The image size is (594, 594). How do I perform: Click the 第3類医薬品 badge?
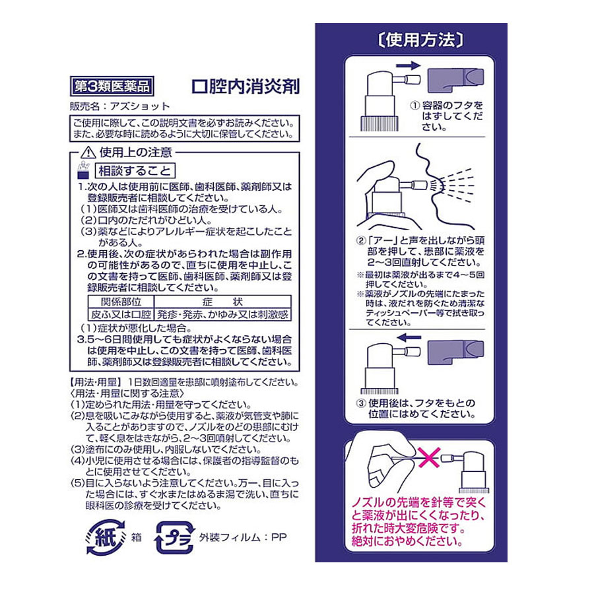pyautogui.click(x=112, y=86)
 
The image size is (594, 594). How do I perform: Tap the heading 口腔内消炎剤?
pyautogui.click(x=246, y=86)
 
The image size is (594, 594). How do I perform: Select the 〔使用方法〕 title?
pyautogui.click(x=420, y=40)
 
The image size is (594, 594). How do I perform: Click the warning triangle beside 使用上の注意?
pyautogui.click(x=88, y=152)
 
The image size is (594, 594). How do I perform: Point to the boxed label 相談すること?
pyautogui.click(x=135, y=170)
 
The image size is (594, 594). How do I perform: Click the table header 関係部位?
pyautogui.click(x=121, y=302)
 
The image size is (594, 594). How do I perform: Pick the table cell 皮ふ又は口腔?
pyautogui.click(x=121, y=314)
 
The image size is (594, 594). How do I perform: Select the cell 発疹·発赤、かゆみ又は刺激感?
pyautogui.click(x=223, y=314)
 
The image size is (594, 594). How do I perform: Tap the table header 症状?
pyautogui.click(x=223, y=302)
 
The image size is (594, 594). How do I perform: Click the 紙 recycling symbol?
pyautogui.click(x=106, y=537)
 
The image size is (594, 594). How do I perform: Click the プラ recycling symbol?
pyautogui.click(x=174, y=537)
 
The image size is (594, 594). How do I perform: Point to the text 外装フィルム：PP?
pyautogui.click(x=242, y=537)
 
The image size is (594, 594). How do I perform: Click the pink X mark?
pyautogui.click(x=428, y=457)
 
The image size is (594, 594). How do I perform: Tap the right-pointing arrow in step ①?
pyautogui.click(x=408, y=66)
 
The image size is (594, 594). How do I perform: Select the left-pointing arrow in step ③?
pyautogui.click(x=409, y=337)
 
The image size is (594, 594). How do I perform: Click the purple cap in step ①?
pyautogui.click(x=455, y=81)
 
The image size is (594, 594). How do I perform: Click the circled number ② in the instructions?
pyautogui.click(x=360, y=240)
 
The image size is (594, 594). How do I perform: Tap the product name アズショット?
pyautogui.click(x=140, y=106)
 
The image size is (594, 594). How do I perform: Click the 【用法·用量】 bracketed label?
pyautogui.click(x=96, y=382)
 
